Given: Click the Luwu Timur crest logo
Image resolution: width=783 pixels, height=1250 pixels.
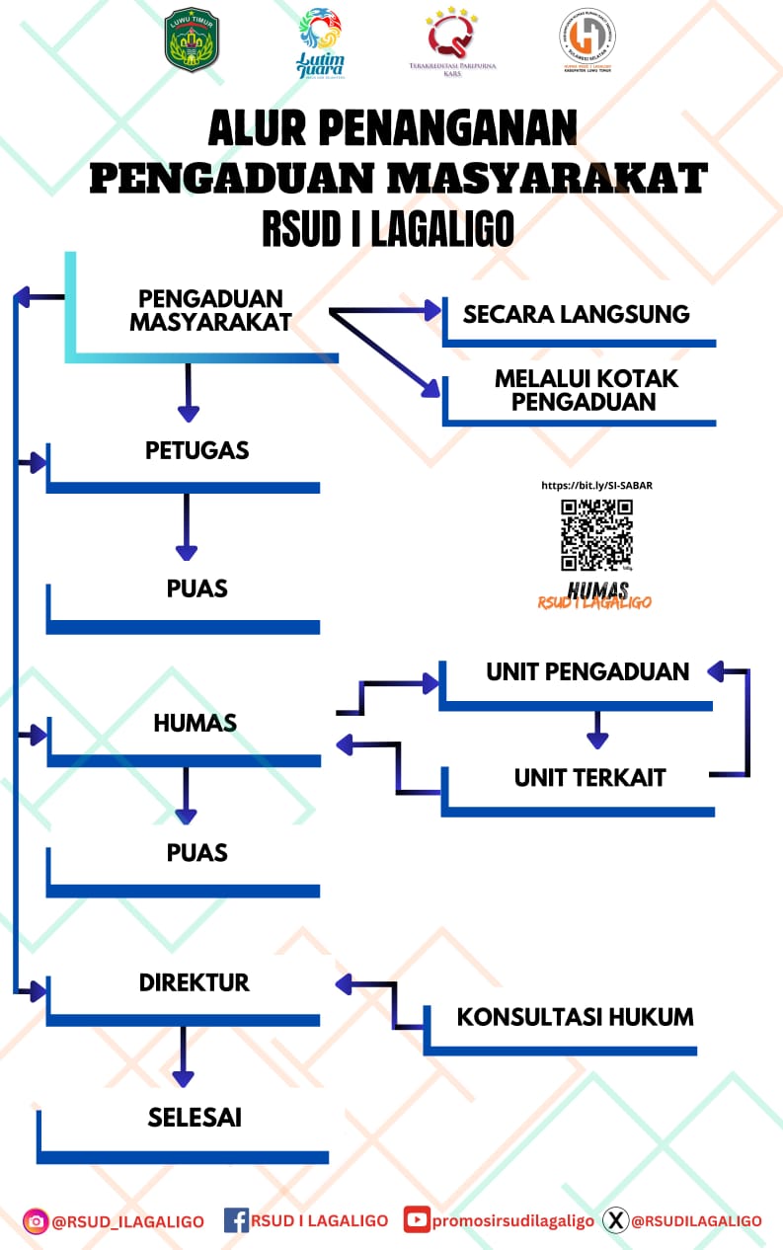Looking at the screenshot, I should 192,39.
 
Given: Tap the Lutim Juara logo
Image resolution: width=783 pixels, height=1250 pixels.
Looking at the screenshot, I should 320,43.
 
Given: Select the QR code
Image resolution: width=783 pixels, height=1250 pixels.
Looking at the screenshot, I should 596,534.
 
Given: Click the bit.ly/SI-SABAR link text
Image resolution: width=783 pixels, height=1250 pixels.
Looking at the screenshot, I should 596,486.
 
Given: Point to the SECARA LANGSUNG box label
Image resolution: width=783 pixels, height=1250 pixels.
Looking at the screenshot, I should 577,314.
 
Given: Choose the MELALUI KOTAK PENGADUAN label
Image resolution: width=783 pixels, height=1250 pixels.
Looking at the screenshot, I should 587,390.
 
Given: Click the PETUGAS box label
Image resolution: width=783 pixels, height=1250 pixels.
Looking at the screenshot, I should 196,450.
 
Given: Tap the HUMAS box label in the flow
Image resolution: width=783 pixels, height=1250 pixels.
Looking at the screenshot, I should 196,723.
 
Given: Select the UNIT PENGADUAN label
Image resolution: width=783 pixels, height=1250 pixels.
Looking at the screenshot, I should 587,671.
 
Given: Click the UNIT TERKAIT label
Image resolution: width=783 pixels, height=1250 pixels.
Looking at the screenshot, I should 589,777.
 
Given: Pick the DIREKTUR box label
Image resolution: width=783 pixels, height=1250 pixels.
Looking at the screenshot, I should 195,982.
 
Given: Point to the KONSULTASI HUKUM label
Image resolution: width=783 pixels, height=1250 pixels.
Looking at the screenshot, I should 575,1016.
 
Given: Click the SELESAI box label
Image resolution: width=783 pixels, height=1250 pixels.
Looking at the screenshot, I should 195,1117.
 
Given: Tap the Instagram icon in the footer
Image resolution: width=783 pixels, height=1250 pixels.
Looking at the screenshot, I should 36,1221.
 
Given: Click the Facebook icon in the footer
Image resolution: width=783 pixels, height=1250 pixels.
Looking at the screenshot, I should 236,1220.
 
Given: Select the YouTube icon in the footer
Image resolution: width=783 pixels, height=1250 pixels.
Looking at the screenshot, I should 417,1220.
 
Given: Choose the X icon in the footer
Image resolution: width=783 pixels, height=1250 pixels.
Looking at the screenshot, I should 615,1220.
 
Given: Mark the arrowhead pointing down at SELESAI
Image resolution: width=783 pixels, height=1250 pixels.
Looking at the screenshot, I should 183,1078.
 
